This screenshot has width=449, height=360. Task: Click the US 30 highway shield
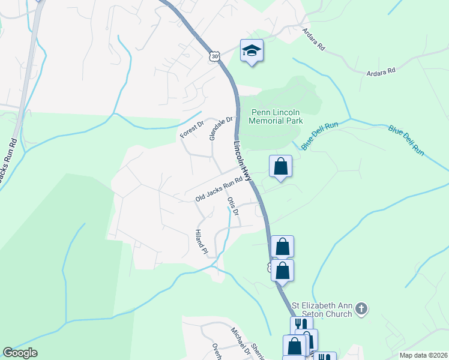click(214, 55)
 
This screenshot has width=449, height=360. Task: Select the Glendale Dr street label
click(220, 128)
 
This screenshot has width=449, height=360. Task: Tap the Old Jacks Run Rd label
click(219, 188)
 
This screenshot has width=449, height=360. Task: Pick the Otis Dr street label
click(233, 205)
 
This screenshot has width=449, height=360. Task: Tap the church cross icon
click(361, 309)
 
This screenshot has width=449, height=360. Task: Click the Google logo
click(20, 353)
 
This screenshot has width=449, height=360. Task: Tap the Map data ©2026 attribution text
click(423, 355)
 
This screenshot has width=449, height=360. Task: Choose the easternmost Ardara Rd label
click(382, 71)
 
